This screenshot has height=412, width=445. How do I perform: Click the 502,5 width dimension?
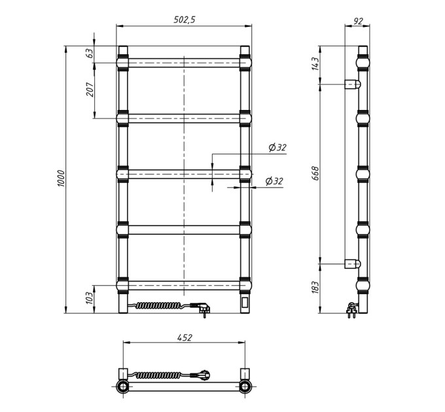[x=185, y=20]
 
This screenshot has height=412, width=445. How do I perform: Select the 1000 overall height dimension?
[x=62, y=179]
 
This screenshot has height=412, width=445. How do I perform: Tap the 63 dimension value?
[x=90, y=54]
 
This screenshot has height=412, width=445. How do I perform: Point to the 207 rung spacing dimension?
[x=90, y=90]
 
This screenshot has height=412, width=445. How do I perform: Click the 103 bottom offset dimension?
[x=90, y=298]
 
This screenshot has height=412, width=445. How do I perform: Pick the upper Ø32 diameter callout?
[x=277, y=148]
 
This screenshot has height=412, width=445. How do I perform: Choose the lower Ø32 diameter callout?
[x=274, y=181]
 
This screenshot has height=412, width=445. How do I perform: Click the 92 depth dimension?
[x=359, y=21]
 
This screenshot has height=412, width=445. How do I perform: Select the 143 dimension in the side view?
[x=315, y=63]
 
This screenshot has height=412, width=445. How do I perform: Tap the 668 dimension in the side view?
[x=315, y=173]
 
